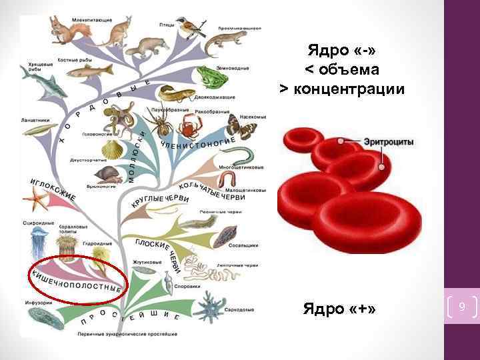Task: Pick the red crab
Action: pyautogui.click(x=192, y=123)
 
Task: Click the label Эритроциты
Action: pyautogui.click(x=389, y=143)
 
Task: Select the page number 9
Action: pyautogui.click(x=462, y=307)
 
